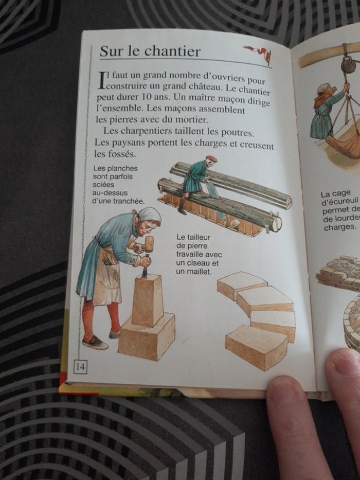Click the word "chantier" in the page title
[x=172, y=51]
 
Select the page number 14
[x=81, y=366]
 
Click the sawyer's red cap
[x=211, y=158]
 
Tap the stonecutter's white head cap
[x=150, y=215]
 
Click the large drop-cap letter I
[x=102, y=80]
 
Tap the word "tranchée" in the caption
[x=129, y=202]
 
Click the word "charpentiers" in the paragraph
[x=147, y=132]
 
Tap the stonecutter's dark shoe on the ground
[x=95, y=343]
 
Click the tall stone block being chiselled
[x=147, y=300]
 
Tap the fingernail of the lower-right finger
[x=345, y=364]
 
